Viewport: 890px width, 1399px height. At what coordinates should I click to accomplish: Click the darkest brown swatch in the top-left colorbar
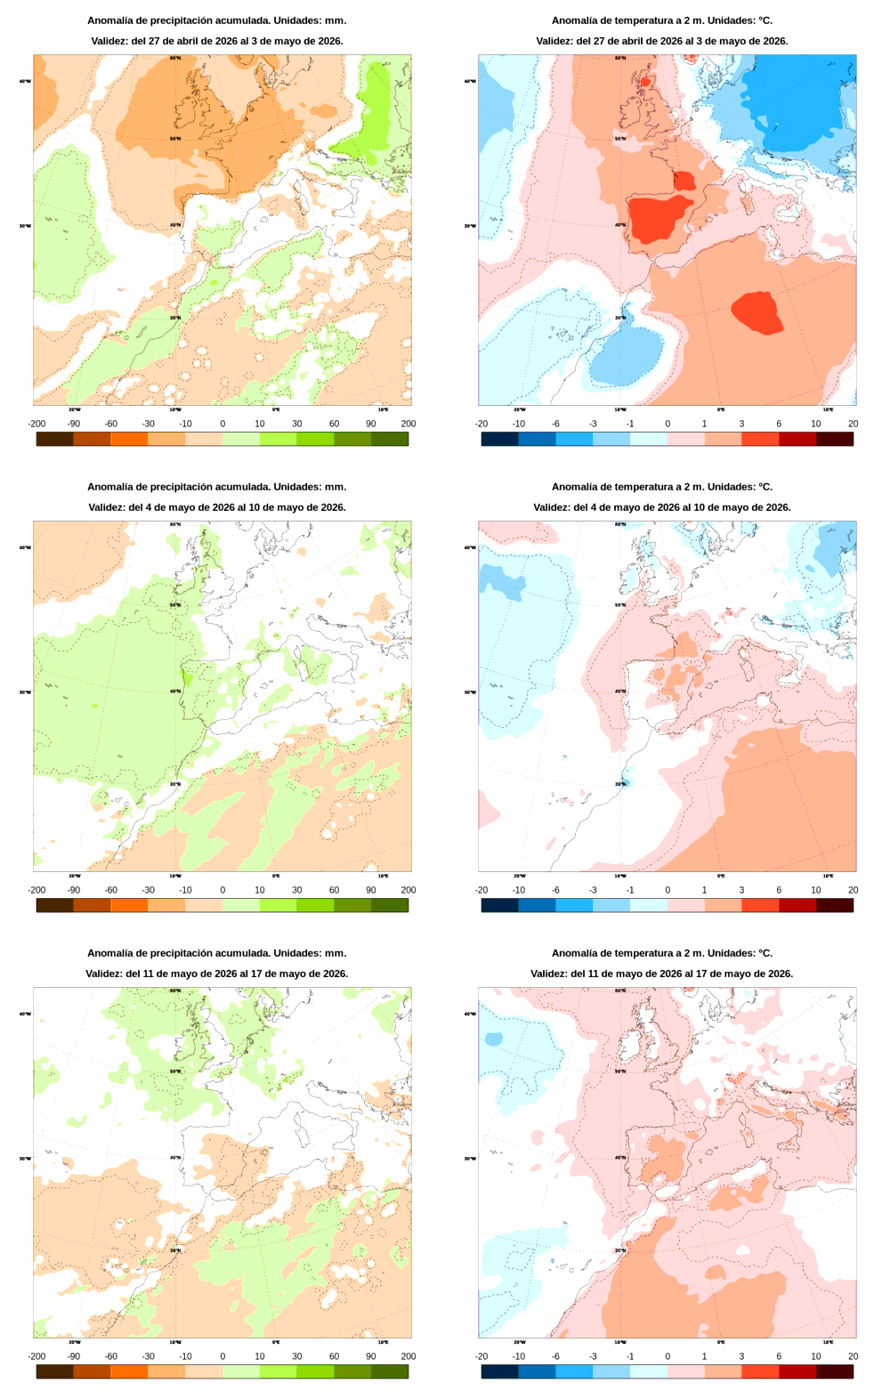tap(54, 439)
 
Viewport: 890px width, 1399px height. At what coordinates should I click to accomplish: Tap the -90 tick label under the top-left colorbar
tap(74, 424)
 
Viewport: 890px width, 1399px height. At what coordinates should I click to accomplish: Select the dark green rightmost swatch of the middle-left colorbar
tap(390, 905)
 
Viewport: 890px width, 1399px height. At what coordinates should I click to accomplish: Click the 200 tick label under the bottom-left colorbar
tap(408, 1356)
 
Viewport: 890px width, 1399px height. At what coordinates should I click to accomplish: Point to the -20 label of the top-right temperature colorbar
tap(481, 424)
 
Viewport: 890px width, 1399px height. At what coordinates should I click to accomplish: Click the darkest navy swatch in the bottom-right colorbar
tap(499, 1371)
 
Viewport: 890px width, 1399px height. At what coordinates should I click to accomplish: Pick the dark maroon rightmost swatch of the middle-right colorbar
tap(835, 905)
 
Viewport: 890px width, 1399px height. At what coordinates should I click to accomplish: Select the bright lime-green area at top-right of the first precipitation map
tap(376, 116)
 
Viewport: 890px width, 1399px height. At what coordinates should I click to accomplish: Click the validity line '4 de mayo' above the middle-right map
tap(661, 507)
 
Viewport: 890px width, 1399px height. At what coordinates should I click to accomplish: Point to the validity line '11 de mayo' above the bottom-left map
tap(216, 974)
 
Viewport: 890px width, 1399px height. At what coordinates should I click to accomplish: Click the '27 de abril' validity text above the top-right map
tap(661, 41)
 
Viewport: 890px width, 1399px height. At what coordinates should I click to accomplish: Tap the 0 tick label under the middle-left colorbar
tap(222, 890)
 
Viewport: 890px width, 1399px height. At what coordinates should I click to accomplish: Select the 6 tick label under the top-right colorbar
tap(779, 424)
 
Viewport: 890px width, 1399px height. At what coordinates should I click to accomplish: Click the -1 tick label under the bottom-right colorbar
tap(630, 1356)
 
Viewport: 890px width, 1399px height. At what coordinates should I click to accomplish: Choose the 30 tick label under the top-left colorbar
tap(296, 424)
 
